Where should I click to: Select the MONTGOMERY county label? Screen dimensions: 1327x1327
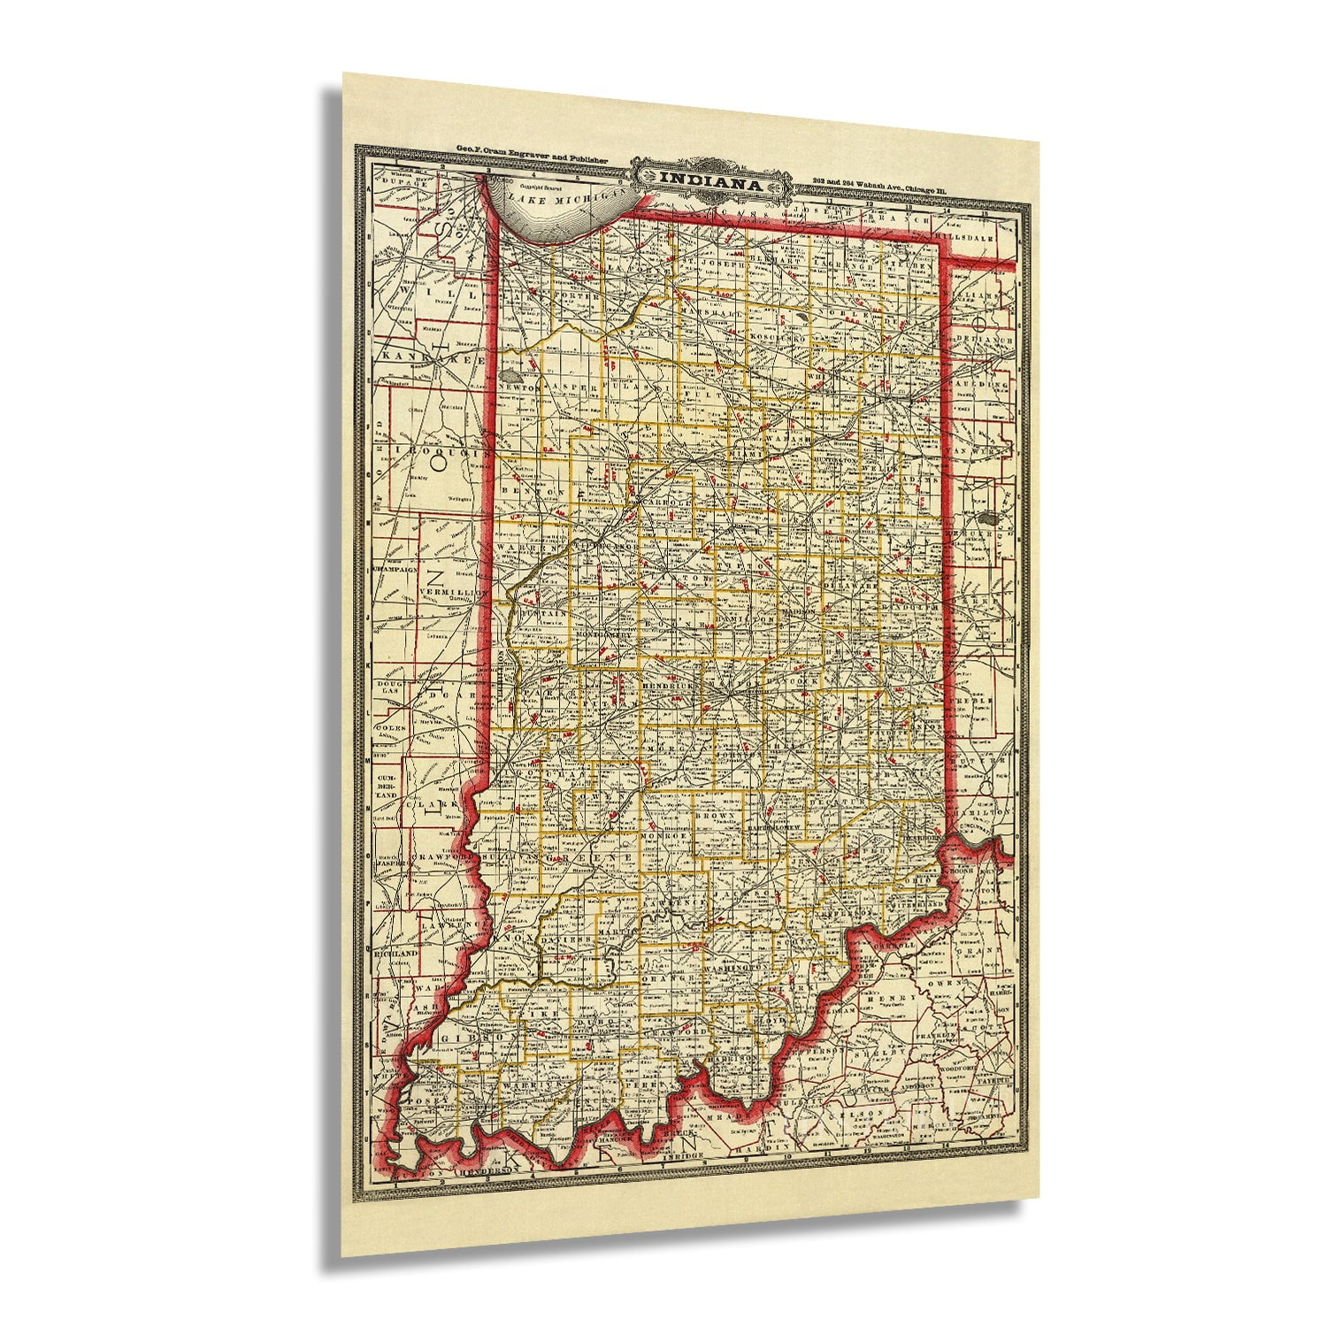pos(604,635)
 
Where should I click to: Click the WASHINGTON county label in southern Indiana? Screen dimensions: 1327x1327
pos(733,970)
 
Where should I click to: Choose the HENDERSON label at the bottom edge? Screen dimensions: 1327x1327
pos(482,1170)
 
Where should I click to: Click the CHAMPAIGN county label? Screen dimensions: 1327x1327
pos(395,571)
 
